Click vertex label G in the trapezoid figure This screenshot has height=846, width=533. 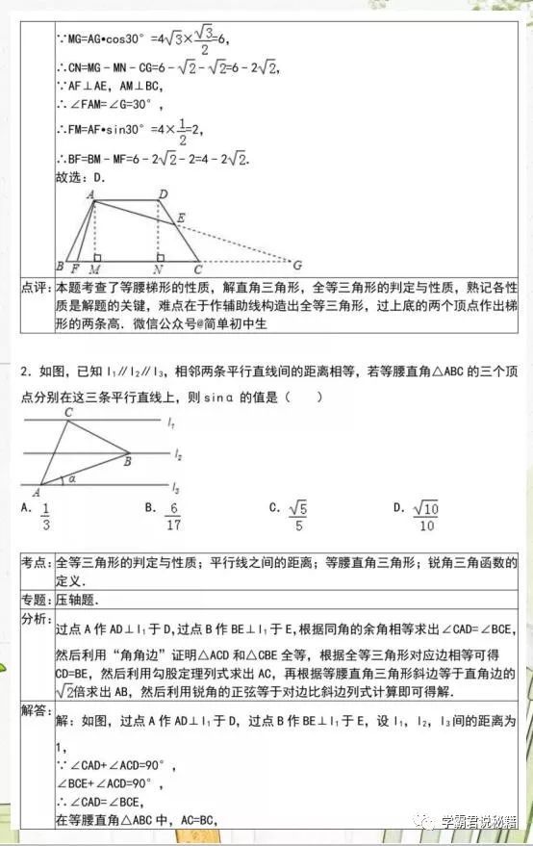297,265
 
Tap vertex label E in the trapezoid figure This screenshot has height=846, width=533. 180,218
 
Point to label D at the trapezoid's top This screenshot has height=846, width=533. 164,194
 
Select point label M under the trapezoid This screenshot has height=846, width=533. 94,270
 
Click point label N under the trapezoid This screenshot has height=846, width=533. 157,270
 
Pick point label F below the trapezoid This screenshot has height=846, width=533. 75,270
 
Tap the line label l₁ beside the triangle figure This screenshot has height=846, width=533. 170,422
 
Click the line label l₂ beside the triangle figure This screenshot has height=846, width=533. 178,451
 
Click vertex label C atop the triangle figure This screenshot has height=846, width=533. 68,413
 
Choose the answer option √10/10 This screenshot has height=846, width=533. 426,516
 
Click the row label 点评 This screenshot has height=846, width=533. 37,288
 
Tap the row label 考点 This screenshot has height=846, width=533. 37,562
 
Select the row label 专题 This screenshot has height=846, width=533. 37,599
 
